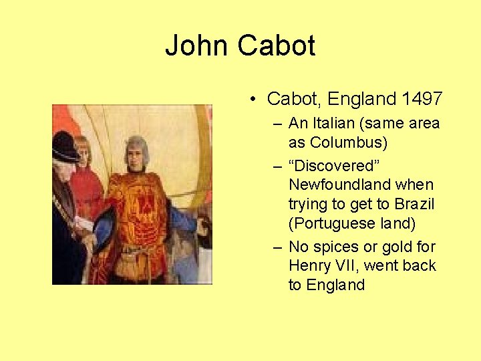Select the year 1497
tap(422, 99)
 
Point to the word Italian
tap(335, 123)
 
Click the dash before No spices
tap(277, 247)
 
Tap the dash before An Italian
tap(277, 124)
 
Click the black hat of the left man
tap(65, 145)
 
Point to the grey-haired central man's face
tap(136, 152)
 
